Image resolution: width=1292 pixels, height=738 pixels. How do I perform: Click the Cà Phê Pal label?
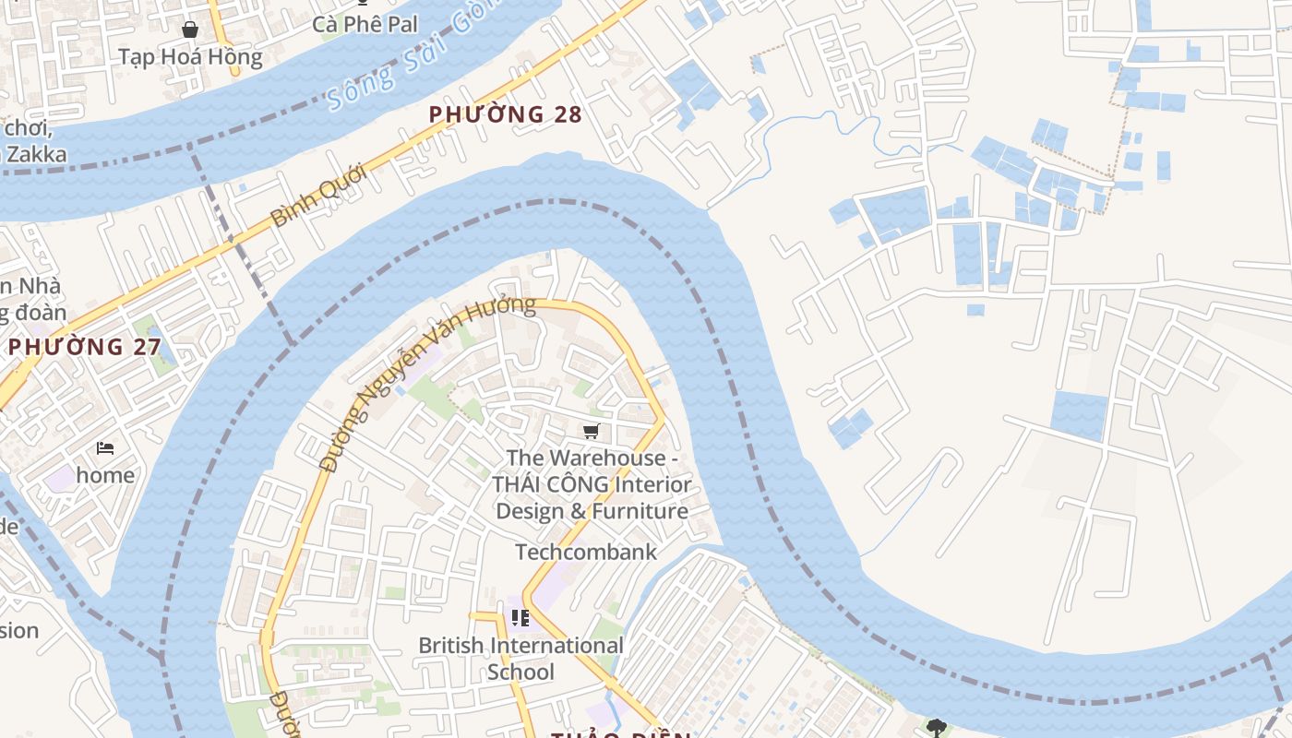(365, 24)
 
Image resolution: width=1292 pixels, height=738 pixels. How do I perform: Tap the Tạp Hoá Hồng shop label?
(190, 57)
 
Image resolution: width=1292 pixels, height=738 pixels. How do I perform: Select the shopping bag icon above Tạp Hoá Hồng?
(190, 30)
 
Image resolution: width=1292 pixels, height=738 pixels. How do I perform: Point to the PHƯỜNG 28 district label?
(506, 114)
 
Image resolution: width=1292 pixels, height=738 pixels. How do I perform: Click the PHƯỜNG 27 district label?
(85, 348)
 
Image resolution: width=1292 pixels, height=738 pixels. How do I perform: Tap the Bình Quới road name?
(319, 195)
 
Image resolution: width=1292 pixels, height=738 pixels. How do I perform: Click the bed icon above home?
(105, 448)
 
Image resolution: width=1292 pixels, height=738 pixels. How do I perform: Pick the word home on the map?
(105, 475)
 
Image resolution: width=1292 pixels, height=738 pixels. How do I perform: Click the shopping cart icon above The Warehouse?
(592, 431)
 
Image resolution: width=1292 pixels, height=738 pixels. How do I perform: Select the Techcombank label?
(586, 552)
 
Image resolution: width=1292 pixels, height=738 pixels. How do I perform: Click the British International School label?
(520, 658)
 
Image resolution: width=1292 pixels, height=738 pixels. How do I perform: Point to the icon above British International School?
(520, 618)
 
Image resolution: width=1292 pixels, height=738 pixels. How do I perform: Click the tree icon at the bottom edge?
(936, 728)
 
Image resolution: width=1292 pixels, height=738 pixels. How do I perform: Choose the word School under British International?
(520, 672)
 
